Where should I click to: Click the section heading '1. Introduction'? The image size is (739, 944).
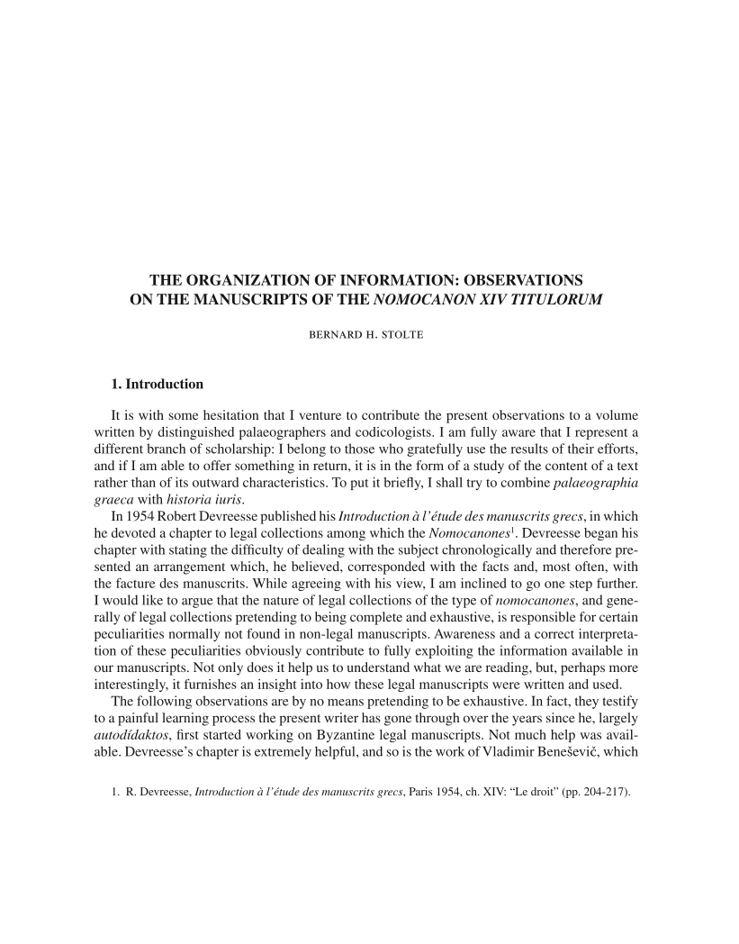click(157, 384)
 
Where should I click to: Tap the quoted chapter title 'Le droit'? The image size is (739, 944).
click(537, 797)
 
